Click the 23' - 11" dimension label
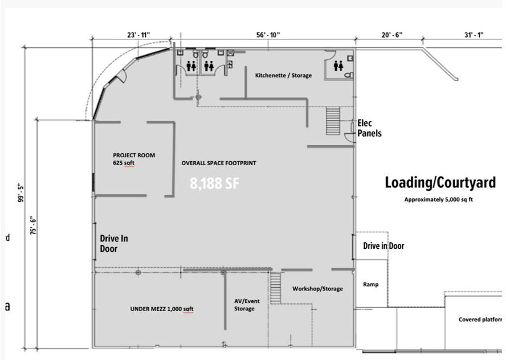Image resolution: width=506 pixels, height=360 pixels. click(138, 35)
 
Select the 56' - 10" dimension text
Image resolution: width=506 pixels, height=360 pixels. click(268, 35)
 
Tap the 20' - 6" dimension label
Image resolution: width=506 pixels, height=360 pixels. click(392, 35)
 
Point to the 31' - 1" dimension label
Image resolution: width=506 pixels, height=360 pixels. click(474, 35)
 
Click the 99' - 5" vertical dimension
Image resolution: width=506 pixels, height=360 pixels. click(22, 193)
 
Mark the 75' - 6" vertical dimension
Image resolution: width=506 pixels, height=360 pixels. click(33, 225)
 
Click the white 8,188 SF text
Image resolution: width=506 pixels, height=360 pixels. click(214, 183)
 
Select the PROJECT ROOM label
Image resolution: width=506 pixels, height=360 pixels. click(134, 155)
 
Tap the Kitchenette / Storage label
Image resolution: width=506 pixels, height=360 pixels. click(283, 76)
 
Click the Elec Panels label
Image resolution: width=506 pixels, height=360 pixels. click(369, 128)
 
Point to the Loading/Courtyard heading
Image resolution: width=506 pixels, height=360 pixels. click(440, 183)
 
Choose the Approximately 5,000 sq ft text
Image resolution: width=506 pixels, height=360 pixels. click(438, 200)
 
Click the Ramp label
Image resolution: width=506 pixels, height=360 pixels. click(370, 284)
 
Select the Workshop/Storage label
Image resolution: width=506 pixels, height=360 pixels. click(317, 289)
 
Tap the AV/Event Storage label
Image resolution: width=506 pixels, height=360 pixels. click(247, 305)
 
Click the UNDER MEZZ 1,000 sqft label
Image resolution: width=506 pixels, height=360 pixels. click(162, 309)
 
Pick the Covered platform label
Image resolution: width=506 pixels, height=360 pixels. click(480, 320)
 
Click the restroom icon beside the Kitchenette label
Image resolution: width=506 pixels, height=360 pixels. click(338, 66)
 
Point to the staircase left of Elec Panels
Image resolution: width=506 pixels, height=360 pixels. click(333, 121)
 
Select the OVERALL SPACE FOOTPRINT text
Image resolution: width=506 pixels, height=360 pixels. click(219, 163)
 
